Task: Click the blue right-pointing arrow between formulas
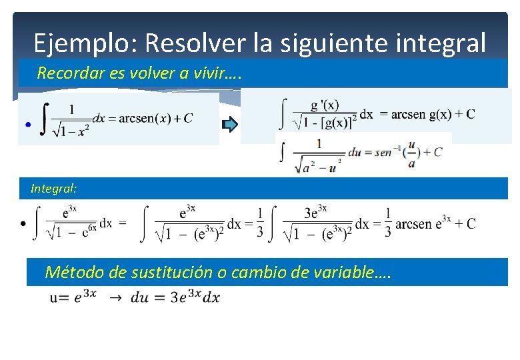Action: (x=229, y=124)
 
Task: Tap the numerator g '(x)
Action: (x=325, y=105)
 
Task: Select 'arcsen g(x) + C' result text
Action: (x=433, y=114)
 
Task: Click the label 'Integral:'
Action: (x=53, y=189)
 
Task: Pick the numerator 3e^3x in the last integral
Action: (x=320, y=212)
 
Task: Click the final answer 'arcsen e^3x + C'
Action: (x=435, y=223)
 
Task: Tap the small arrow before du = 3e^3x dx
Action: (x=115, y=298)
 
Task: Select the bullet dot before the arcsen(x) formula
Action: (x=27, y=125)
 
